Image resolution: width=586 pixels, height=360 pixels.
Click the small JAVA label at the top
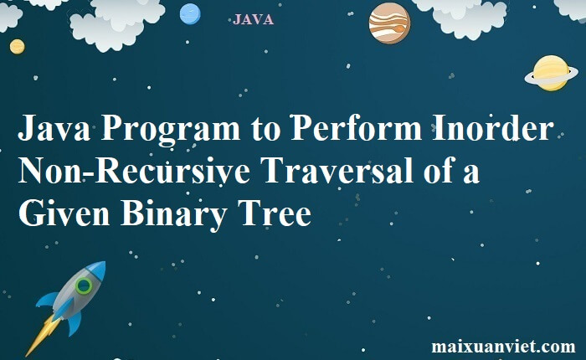(x=254, y=19)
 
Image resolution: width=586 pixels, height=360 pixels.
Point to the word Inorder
(x=493, y=131)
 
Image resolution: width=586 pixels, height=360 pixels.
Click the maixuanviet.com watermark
(x=503, y=347)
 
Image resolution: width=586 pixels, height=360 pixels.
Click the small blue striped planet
(x=190, y=14)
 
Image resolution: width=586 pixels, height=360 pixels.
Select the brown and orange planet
(x=389, y=23)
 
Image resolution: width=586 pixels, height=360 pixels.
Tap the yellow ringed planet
(x=552, y=73)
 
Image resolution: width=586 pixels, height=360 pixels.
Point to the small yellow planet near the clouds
(x=17, y=47)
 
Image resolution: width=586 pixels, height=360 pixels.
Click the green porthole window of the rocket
(x=84, y=286)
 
